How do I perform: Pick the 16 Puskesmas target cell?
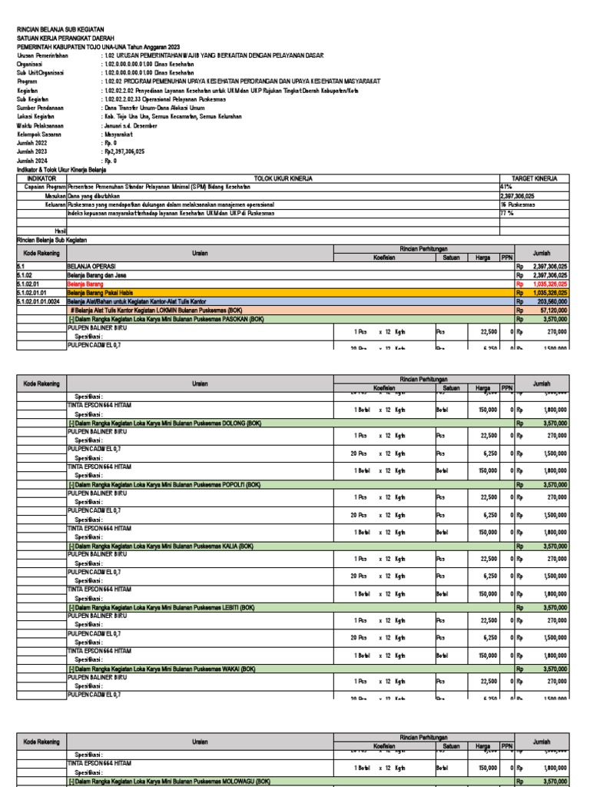515,204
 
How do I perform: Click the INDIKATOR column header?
41,178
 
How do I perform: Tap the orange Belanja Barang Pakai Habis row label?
98,293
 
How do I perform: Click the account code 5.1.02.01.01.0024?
38,301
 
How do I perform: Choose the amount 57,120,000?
552,310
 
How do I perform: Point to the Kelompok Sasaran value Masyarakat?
118,134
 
